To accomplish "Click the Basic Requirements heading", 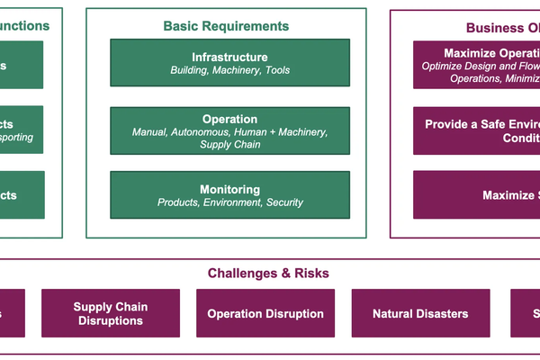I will (x=226, y=26).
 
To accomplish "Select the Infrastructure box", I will (x=229, y=63).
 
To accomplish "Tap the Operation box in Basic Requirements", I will (x=229, y=130).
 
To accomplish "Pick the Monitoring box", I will (x=229, y=195).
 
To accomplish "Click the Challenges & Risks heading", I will (x=268, y=273).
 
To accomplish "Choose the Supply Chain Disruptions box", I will (x=111, y=313).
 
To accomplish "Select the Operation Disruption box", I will (x=265, y=313).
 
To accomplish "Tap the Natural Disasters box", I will (x=420, y=313).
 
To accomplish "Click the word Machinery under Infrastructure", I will (x=237, y=70).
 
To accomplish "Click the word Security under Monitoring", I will (x=284, y=202).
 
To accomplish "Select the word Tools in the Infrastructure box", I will (x=277, y=70).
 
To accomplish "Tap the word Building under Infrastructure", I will (x=189, y=70).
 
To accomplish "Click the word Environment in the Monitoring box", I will (x=232, y=202).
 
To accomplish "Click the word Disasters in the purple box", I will (x=441, y=314).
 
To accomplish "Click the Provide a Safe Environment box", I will (x=477, y=130).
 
